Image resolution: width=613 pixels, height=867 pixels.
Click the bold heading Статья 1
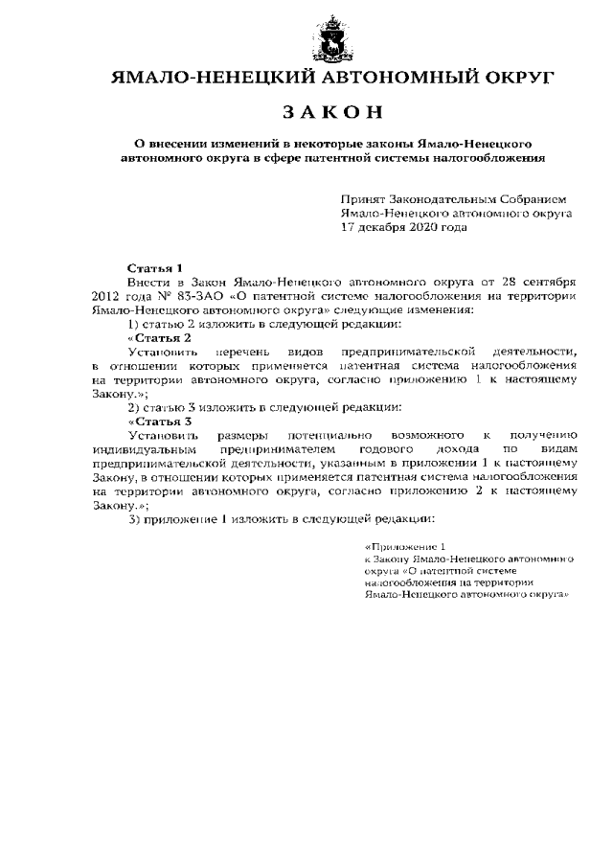(155, 268)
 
